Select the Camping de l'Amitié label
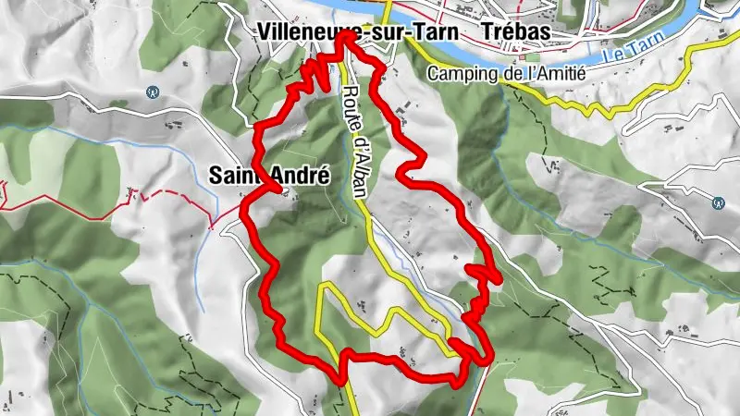pos(507,74)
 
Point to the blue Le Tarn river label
pos(628,50)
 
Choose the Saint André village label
pos(269,174)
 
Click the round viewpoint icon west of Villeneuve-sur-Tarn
pos(153,92)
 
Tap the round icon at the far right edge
pos(719,202)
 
